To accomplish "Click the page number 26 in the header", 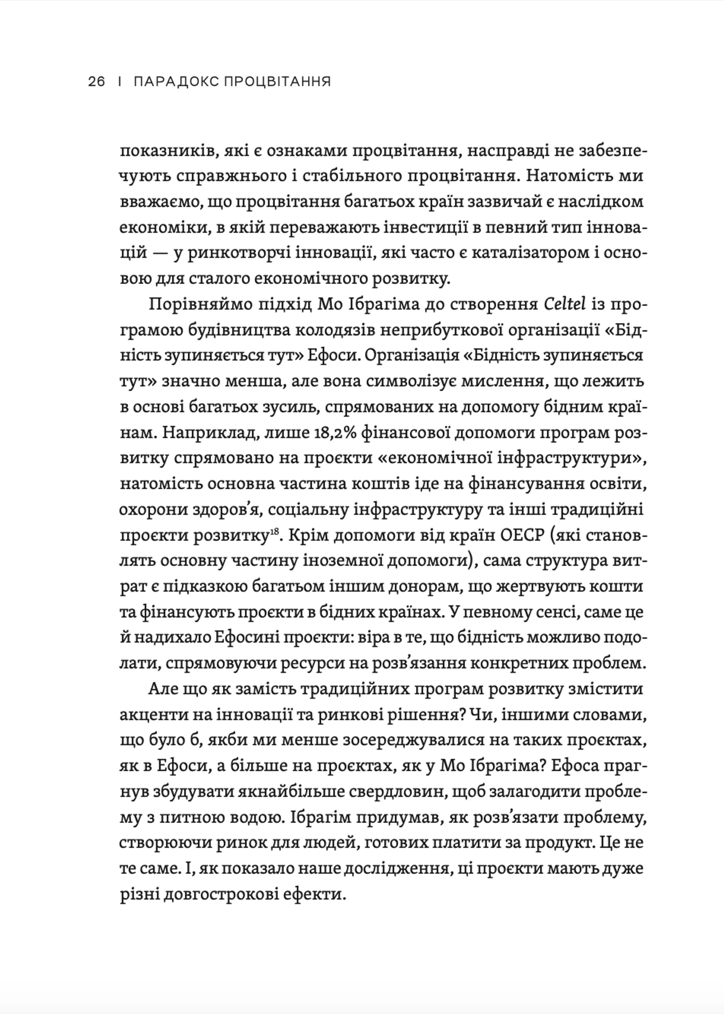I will pyautogui.click(x=97, y=82).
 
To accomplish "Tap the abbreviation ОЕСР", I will pyautogui.click(x=520, y=535).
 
